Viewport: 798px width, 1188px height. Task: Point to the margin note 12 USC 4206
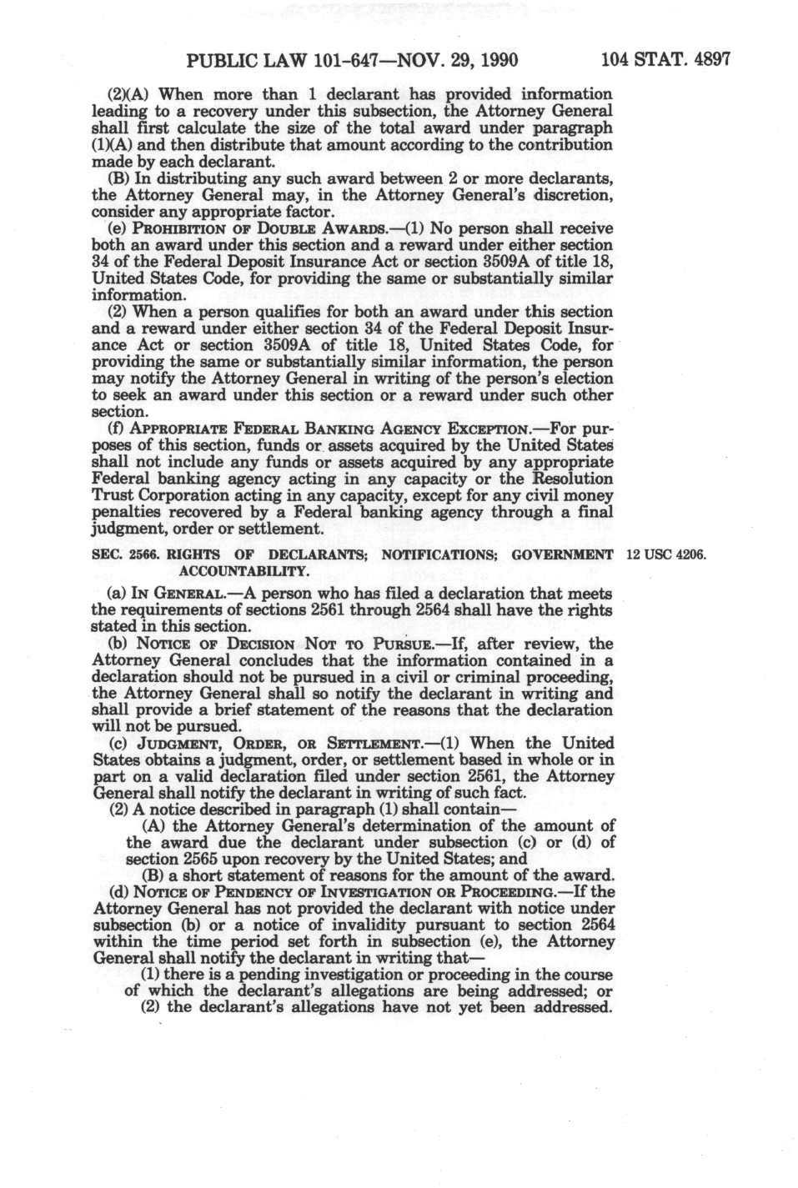tap(665, 555)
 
